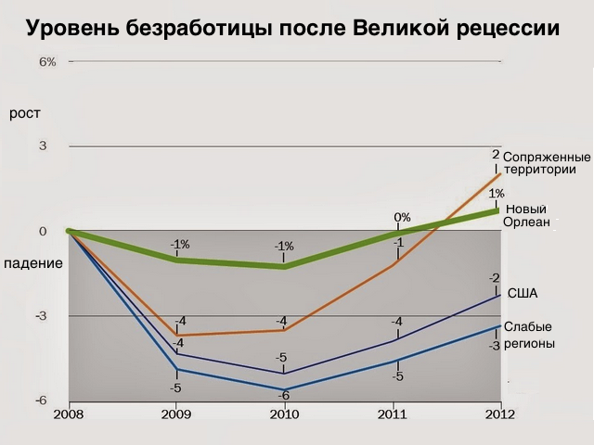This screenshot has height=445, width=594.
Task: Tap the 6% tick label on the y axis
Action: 47,62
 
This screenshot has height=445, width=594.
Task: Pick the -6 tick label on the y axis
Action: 42,400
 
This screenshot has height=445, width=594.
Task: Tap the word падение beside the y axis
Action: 33,263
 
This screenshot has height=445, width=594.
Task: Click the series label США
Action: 524,293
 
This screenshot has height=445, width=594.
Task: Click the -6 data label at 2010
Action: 284,396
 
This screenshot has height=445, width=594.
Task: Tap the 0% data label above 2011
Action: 402,218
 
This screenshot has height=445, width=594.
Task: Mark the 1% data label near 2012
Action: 496,194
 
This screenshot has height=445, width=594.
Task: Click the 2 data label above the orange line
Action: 496,155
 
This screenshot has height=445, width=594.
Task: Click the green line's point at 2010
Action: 284,266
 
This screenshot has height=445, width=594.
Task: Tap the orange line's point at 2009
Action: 176,335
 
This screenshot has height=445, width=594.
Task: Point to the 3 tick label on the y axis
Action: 43,146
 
